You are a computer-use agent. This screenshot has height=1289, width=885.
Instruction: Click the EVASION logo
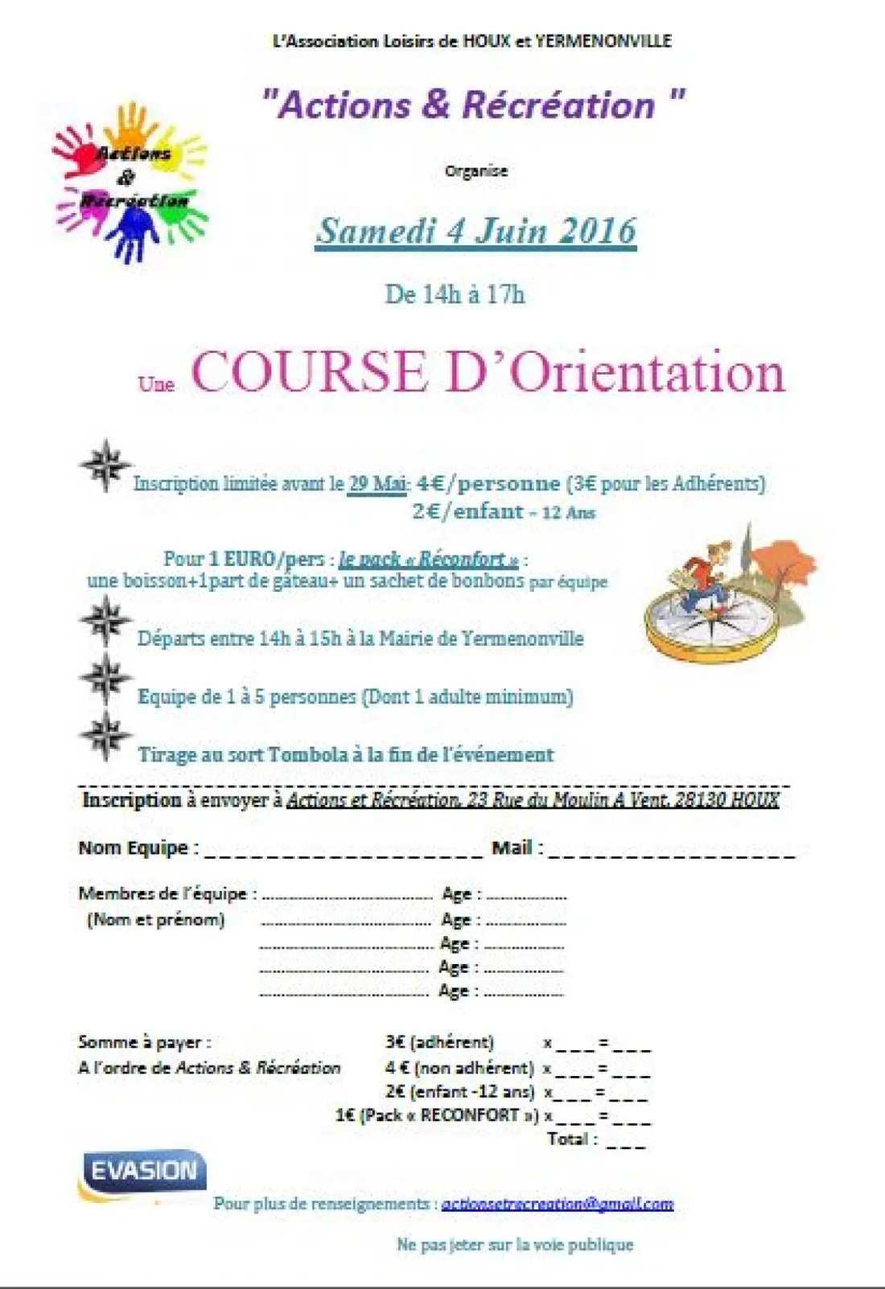point(143,1171)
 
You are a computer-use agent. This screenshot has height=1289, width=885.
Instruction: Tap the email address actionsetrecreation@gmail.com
point(557,1204)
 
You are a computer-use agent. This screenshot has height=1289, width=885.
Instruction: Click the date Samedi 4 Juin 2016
point(476,232)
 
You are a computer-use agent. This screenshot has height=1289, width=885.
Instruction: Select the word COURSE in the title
point(309,372)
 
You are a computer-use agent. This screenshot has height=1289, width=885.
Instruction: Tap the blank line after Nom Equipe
point(344,851)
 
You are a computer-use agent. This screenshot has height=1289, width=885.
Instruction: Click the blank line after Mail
point(671,851)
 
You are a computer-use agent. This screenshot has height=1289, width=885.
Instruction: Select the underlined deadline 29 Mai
point(377,483)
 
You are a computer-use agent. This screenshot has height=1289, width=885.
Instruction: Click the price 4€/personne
point(488,483)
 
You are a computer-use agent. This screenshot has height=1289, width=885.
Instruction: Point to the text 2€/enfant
point(468,511)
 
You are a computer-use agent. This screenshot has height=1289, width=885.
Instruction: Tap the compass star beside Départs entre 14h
point(105,621)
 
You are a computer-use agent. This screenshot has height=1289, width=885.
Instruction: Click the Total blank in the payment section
point(626,1142)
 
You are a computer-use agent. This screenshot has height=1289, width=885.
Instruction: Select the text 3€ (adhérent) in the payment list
point(439,1042)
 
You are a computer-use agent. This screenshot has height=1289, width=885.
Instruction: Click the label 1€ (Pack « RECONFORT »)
point(436,1115)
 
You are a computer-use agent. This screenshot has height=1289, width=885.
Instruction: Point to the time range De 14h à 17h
point(455,294)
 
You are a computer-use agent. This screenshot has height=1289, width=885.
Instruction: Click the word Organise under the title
point(476,170)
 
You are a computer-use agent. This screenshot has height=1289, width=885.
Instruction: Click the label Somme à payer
point(145,1042)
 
